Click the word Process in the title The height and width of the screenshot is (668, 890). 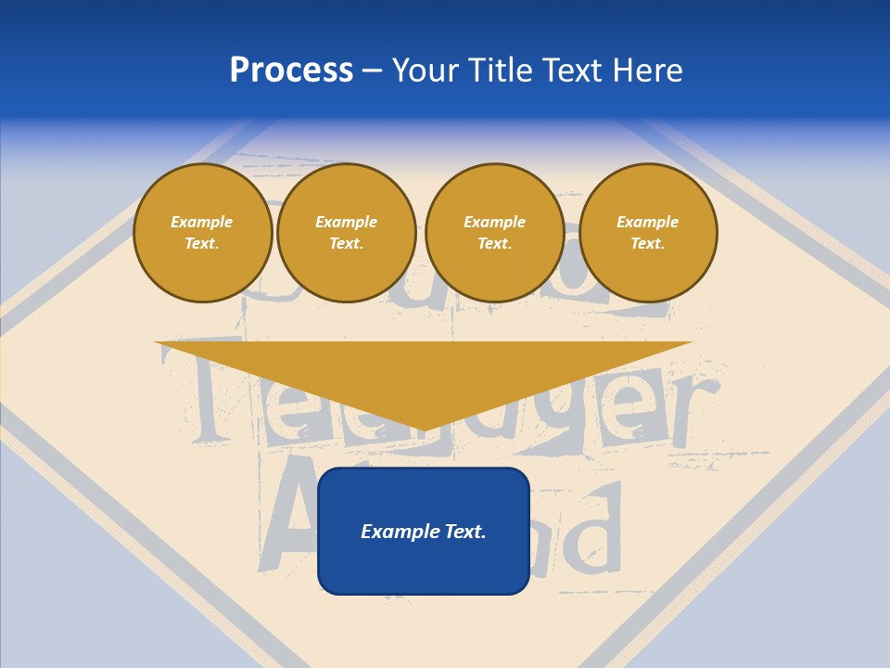(x=291, y=71)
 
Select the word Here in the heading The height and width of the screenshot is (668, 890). (x=648, y=71)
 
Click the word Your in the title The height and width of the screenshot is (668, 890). (x=426, y=71)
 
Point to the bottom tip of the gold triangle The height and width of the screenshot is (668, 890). (x=424, y=429)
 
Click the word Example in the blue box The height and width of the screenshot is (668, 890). (x=400, y=532)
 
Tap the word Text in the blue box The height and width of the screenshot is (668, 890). (x=464, y=532)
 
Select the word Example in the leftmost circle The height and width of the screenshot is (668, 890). (x=202, y=223)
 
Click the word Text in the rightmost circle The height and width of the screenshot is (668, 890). (x=647, y=244)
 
